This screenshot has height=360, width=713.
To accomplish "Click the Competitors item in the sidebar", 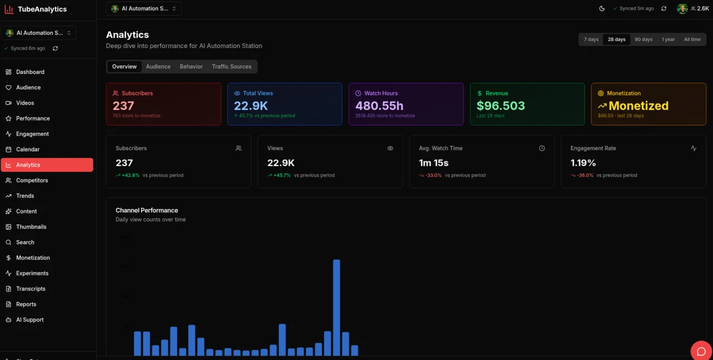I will click(32, 181).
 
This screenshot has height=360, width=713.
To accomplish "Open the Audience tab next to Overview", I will click(158, 66).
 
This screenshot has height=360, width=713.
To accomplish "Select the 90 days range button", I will click(643, 40).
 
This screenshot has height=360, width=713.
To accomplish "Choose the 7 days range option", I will click(591, 40).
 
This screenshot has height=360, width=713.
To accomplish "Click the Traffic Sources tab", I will click(231, 66).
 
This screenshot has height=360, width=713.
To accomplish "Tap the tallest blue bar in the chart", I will click(336, 307).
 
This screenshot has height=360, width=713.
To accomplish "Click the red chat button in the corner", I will click(701, 351).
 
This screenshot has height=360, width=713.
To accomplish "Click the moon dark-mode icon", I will click(602, 9).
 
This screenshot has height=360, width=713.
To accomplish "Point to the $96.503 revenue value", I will click(501, 106).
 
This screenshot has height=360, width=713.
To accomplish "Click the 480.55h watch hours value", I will click(379, 106).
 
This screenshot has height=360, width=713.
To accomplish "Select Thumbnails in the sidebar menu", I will click(31, 227).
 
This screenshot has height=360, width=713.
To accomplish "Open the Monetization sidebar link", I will click(33, 258).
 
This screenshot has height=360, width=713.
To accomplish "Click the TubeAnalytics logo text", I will click(42, 9).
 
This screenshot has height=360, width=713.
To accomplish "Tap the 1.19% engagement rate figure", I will click(583, 163).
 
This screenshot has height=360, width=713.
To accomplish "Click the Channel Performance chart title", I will click(146, 210).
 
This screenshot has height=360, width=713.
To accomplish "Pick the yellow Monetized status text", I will click(638, 106).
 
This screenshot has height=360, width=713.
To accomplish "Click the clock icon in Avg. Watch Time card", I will click(542, 148).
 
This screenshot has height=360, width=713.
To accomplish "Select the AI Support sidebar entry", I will click(30, 320).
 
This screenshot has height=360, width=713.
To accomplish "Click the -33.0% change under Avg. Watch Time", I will click(433, 175).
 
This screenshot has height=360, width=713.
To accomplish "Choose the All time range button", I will click(692, 40).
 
